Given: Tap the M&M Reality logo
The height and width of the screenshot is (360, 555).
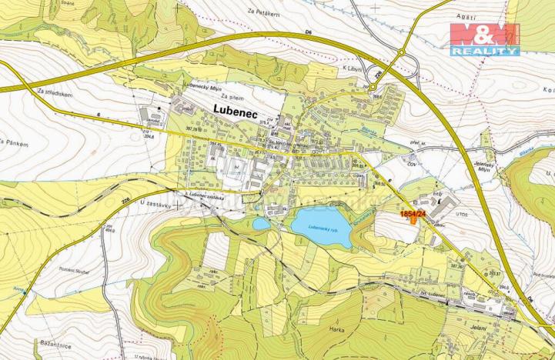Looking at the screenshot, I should click(485, 38).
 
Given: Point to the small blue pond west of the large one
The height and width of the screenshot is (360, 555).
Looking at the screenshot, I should click(262, 224).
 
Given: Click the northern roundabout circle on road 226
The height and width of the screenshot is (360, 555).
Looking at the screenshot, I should click(401, 52).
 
